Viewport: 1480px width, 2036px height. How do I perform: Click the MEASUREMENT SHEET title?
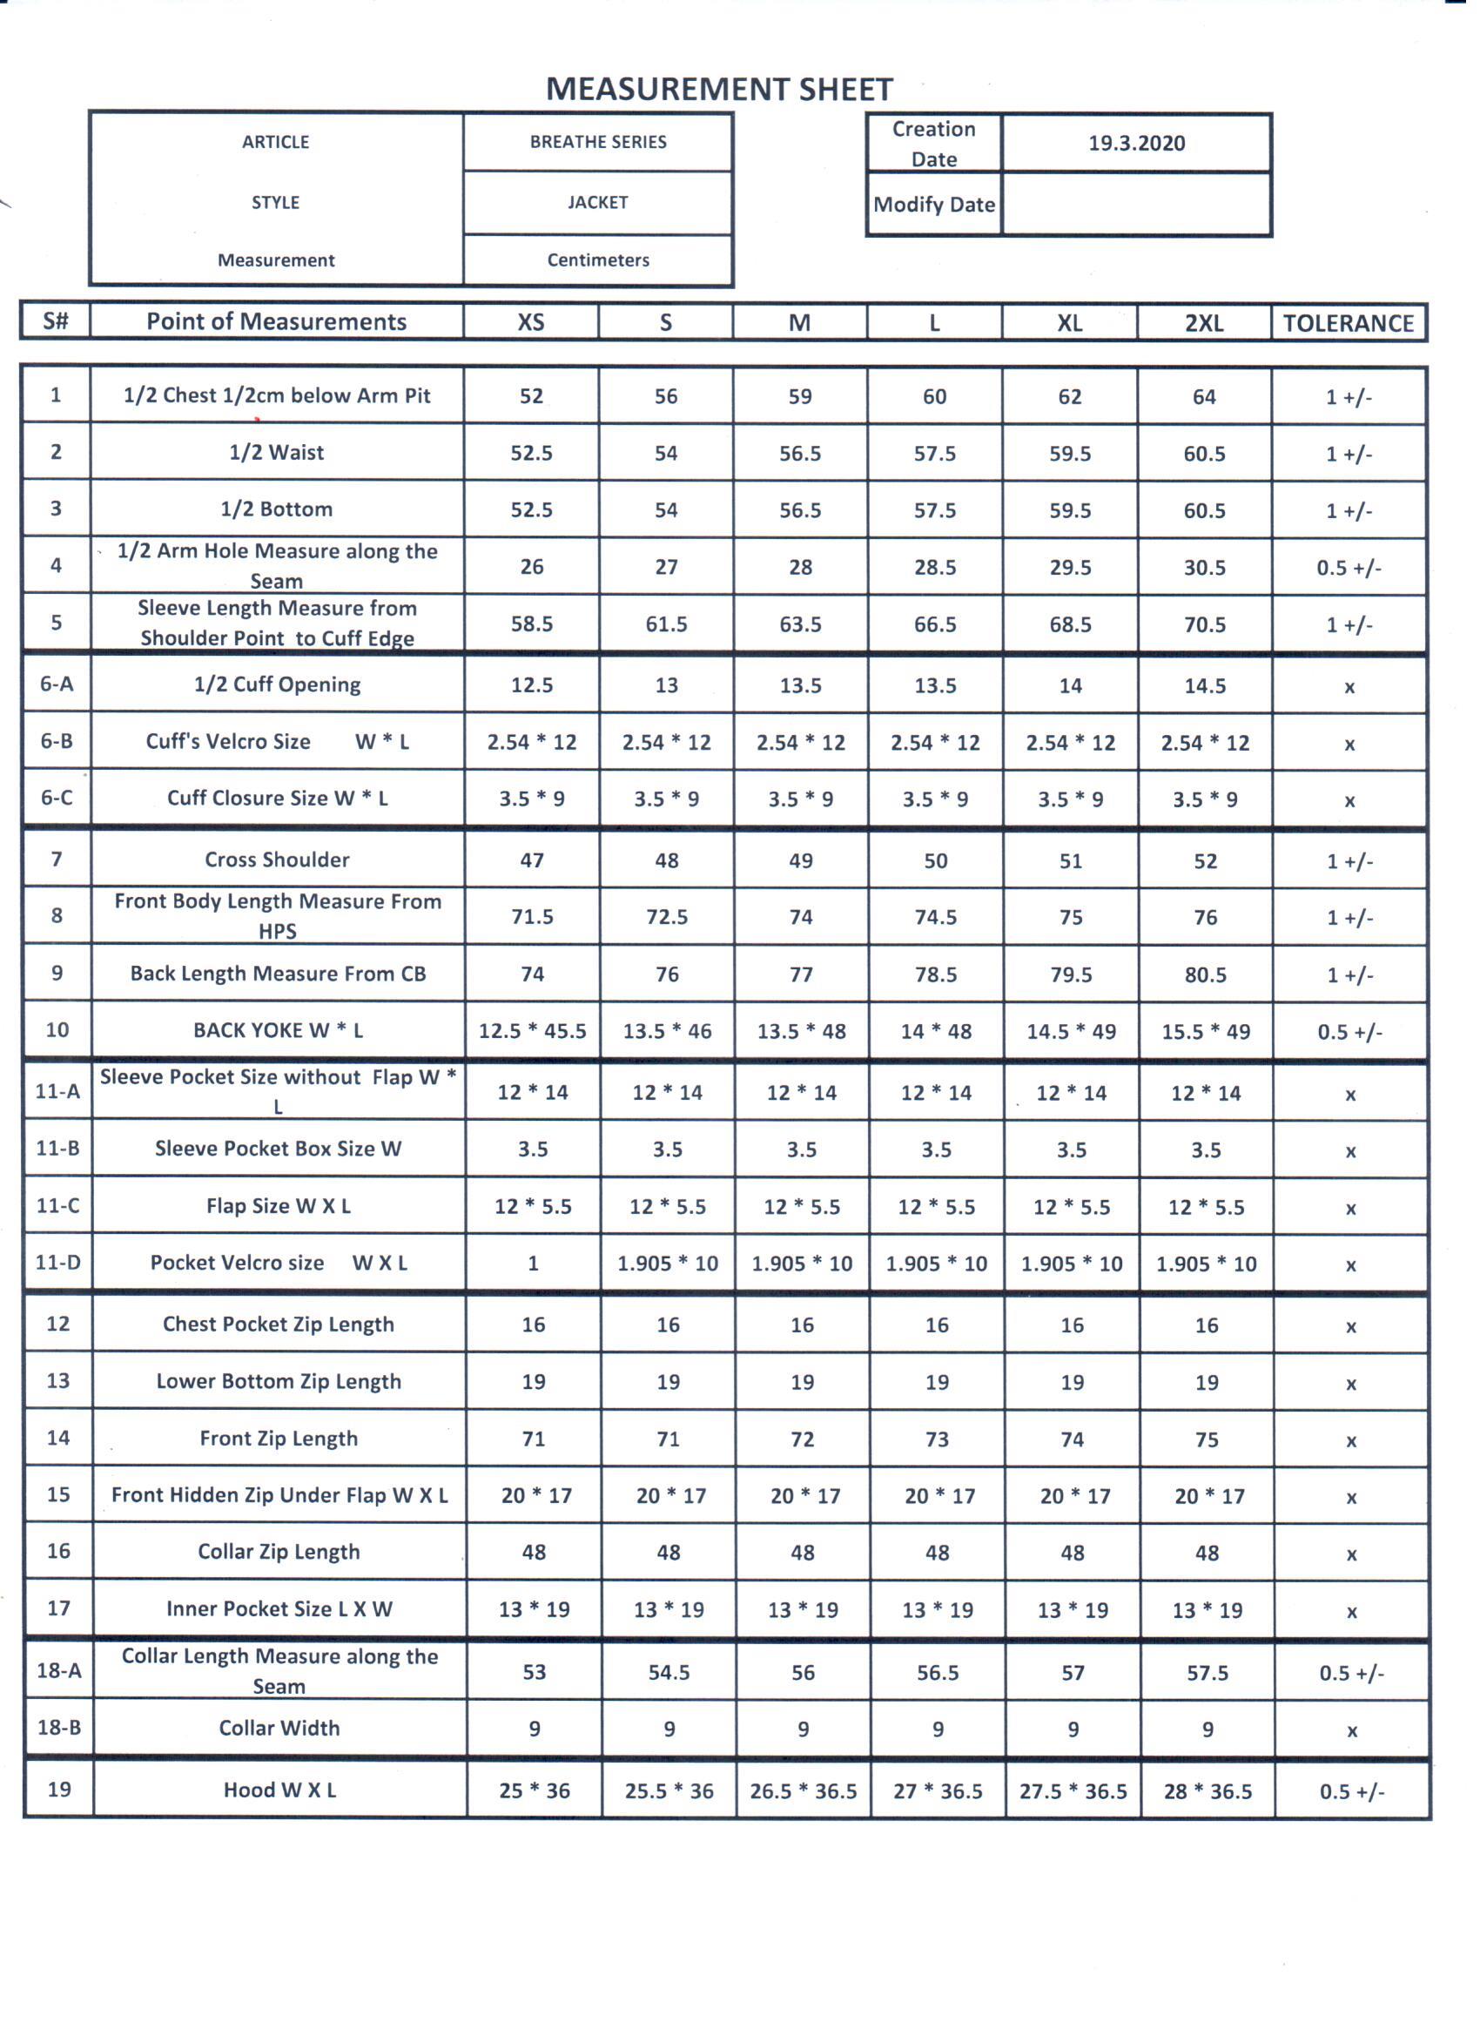coord(719,89)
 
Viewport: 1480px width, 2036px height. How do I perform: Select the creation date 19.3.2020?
coord(1136,143)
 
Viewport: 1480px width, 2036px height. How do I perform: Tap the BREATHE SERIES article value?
coord(598,142)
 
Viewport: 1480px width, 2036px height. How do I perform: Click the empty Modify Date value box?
coord(1136,205)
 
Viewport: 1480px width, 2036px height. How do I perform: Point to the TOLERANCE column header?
coord(1348,323)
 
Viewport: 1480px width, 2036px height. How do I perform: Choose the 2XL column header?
coord(1203,323)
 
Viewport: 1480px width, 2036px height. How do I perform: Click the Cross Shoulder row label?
coord(278,860)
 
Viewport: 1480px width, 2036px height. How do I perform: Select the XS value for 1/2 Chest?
coord(531,396)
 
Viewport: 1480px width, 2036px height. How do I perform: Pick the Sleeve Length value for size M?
coord(800,624)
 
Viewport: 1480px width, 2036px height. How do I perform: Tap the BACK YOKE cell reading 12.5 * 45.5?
coord(532,1030)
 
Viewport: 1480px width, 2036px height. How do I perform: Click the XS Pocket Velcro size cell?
coord(533,1263)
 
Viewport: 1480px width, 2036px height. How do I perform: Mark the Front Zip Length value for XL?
coord(1072,1439)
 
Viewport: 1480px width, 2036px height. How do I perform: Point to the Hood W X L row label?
coord(280,1790)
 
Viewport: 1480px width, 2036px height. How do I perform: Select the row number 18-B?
coord(59,1728)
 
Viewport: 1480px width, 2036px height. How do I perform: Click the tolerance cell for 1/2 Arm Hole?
coord(1349,568)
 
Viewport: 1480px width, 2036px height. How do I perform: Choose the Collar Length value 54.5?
coord(669,1672)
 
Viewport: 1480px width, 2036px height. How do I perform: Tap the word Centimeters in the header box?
coord(598,260)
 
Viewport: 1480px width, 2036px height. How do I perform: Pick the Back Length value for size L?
coord(935,974)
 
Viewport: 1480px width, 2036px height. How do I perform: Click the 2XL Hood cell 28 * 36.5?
coord(1208,1791)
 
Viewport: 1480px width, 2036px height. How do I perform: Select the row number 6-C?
coord(57,797)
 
